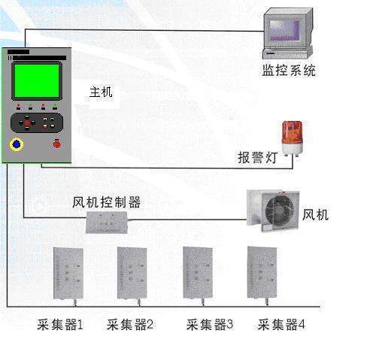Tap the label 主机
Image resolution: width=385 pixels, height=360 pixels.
click(101, 92)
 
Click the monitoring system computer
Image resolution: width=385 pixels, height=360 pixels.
click(286, 34)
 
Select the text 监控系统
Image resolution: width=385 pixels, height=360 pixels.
click(289, 71)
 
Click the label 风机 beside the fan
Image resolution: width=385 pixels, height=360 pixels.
click(315, 216)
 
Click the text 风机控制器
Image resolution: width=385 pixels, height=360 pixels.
click(106, 202)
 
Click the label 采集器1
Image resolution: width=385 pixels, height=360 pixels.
click(60, 325)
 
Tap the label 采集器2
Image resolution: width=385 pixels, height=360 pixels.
click(130, 325)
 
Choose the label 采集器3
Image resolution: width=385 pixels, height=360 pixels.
click(210, 325)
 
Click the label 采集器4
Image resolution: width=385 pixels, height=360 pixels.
click(281, 325)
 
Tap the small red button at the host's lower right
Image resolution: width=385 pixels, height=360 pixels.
click(56, 144)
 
